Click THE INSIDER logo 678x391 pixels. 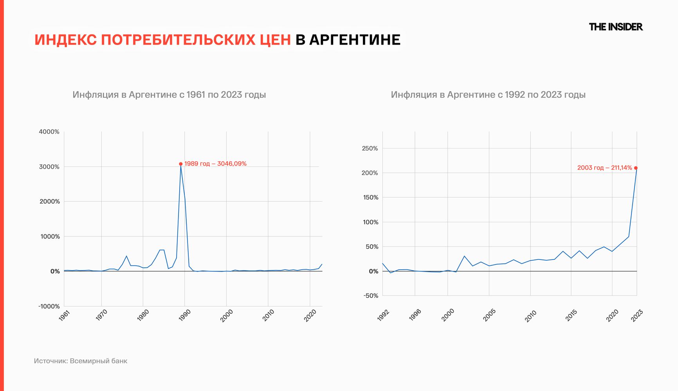tap(615, 27)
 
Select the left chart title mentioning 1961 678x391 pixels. tap(169, 95)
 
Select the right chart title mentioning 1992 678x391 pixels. tap(488, 95)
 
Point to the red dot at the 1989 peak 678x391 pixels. tap(180, 164)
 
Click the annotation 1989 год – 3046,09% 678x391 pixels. tap(215, 164)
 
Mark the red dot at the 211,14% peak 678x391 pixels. tap(636, 168)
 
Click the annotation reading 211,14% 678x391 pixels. tap(604, 168)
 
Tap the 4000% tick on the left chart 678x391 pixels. tap(49, 132)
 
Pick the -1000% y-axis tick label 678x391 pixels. tap(49, 306)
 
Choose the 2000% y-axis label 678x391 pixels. tap(49, 202)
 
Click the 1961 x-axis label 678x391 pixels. tap(64, 315)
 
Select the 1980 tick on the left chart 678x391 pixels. tap(143, 315)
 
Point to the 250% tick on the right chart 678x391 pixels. tap(370, 148)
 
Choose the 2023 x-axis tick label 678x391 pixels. tap(637, 315)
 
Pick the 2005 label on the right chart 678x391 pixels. tap(489, 315)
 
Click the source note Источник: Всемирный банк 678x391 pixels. tap(80, 361)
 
